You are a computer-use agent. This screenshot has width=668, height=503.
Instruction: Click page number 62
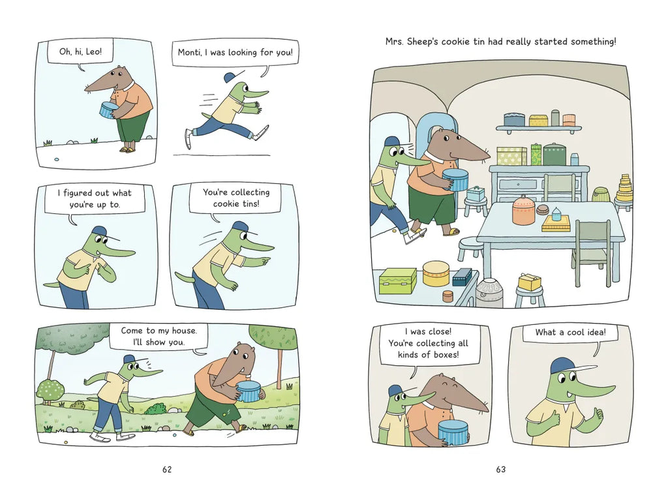coord(167,469)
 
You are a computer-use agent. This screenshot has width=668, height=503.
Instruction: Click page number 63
coord(500,469)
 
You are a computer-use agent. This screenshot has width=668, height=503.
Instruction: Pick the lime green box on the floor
coord(397,281)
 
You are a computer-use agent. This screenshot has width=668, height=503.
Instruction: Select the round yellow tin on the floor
coord(436,273)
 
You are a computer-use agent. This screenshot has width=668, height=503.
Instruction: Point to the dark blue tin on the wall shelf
coord(514,119)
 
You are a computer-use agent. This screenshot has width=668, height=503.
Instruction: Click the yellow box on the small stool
coord(530,282)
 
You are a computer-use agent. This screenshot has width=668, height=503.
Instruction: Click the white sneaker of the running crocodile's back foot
coord(189,138)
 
